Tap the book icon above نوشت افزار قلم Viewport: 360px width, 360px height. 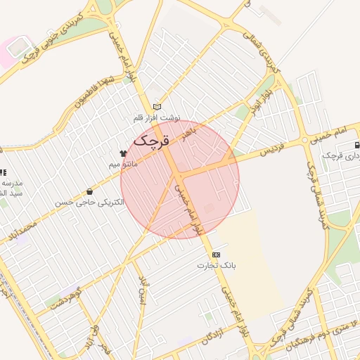[157, 106]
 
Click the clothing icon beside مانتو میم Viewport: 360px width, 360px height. [123, 153]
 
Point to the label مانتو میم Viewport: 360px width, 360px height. [122, 164]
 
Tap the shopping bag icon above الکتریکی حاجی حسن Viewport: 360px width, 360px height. [89, 191]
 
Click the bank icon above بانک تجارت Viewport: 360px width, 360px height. [215, 255]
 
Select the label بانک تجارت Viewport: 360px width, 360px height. [216, 266]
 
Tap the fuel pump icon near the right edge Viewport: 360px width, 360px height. [357, 145]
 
